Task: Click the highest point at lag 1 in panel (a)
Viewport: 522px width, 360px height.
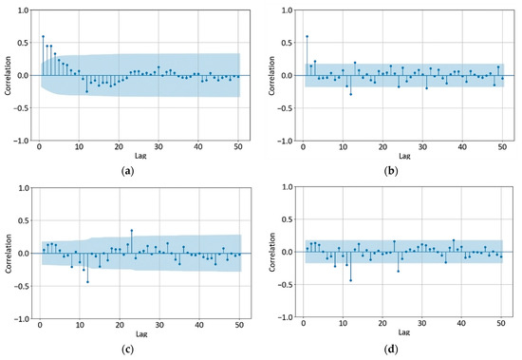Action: click(43, 36)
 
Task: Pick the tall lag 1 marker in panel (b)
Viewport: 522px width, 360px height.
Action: click(307, 36)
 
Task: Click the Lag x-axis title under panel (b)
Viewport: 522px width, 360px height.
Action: click(404, 156)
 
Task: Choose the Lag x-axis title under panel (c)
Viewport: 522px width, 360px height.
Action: click(140, 334)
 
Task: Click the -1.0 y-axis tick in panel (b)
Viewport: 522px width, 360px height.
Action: click(286, 140)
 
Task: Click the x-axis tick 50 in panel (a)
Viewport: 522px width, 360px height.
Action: click(238, 147)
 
